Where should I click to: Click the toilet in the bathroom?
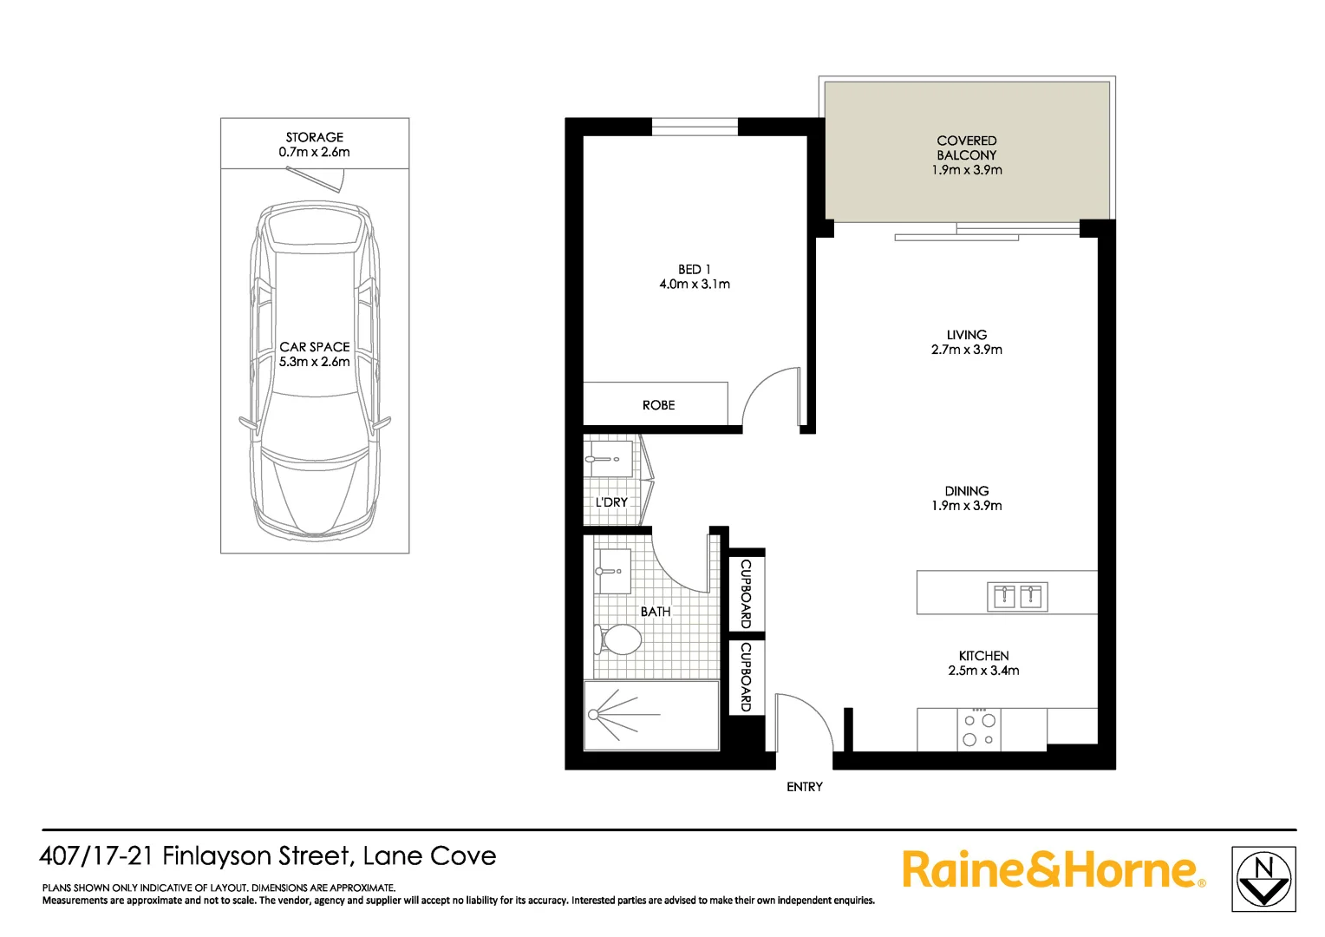tap(619, 640)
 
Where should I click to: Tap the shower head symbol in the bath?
tap(595, 714)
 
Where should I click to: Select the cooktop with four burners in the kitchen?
tap(979, 729)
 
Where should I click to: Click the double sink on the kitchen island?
tap(1017, 597)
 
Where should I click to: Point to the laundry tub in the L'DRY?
tap(608, 458)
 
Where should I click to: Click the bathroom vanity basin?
tap(612, 571)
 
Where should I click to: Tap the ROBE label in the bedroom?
tap(658, 405)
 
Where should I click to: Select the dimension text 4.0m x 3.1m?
tap(694, 285)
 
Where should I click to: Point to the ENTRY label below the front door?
tap(804, 787)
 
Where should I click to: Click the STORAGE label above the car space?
tap(314, 137)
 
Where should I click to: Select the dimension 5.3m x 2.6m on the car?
tap(314, 362)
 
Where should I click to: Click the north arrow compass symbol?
tap(1263, 879)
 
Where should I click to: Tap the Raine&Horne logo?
tap(1053, 869)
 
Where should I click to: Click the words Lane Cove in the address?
tap(429, 856)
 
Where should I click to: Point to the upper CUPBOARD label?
tap(745, 593)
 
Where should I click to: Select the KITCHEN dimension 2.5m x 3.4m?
tap(983, 671)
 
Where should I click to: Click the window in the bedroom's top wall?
tap(694, 128)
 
